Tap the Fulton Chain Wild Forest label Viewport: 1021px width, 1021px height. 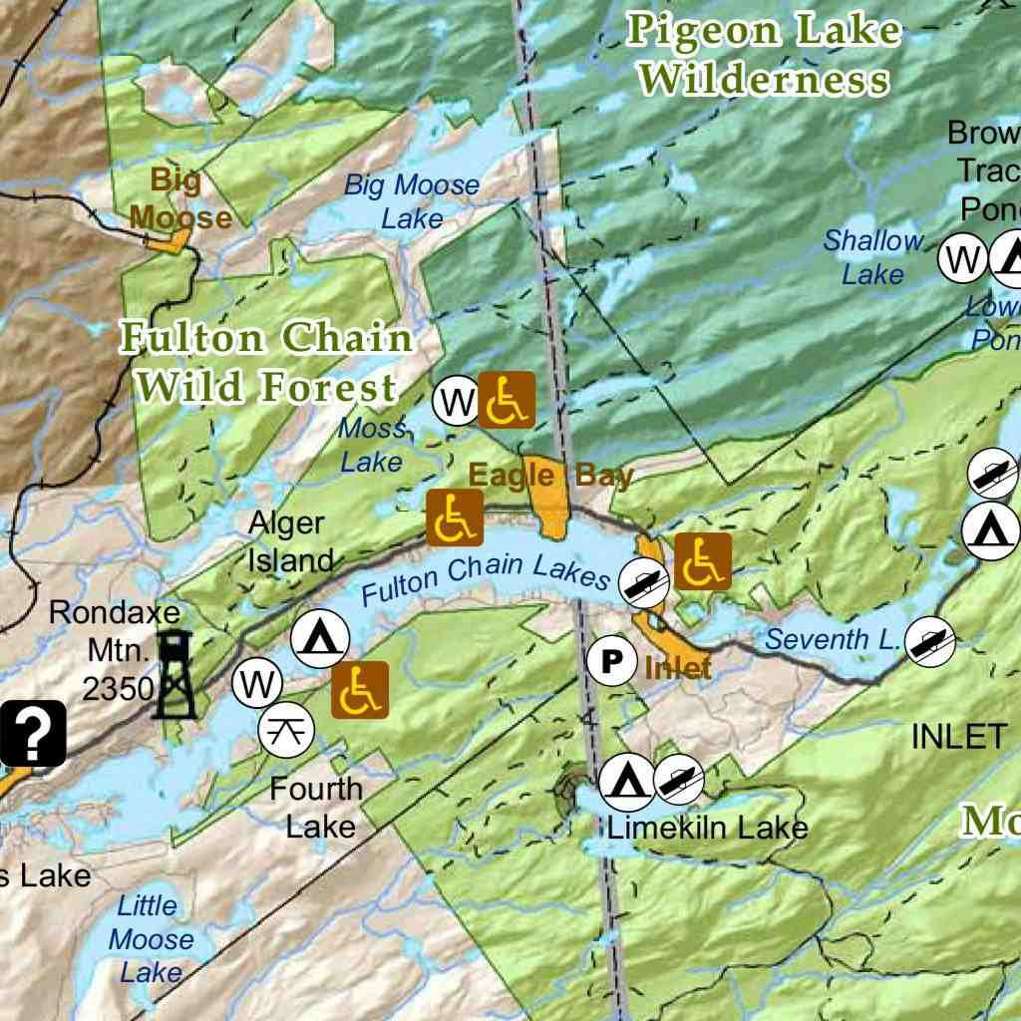(266, 362)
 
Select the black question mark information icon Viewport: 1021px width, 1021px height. (33, 733)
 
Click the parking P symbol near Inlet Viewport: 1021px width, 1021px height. (611, 660)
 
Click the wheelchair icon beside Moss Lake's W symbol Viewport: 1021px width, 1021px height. (507, 400)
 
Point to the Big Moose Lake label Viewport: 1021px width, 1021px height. (412, 201)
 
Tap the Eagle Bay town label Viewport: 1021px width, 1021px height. (550, 476)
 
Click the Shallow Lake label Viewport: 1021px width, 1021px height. (873, 256)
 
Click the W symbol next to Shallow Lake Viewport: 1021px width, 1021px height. (962, 259)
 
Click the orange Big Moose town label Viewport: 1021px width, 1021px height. (179, 199)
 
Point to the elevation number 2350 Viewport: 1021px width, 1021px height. (118, 688)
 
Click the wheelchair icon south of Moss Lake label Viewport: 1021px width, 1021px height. (455, 517)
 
